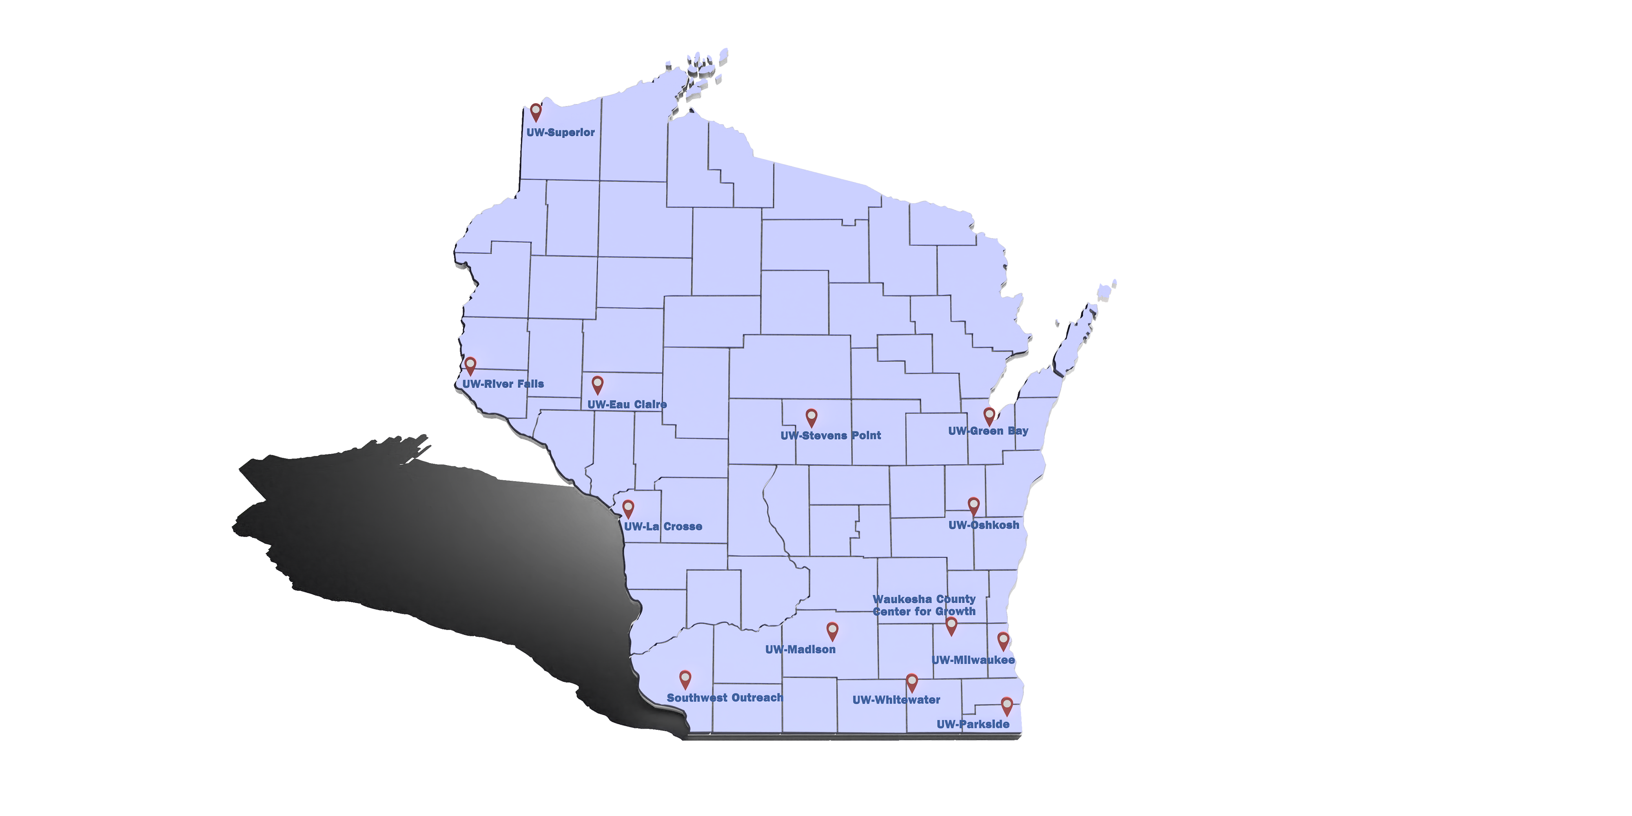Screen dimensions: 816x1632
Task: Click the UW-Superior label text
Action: coord(560,133)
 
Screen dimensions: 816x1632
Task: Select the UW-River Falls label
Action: coord(503,384)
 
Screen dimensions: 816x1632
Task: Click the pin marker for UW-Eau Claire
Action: coord(597,384)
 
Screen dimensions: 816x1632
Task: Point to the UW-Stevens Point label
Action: coord(831,436)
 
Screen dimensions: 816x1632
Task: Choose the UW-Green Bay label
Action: coord(988,431)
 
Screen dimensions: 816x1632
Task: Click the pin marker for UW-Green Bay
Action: coord(989,415)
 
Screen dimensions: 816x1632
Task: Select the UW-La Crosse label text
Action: coord(663,526)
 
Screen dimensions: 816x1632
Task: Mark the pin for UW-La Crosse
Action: coord(628,508)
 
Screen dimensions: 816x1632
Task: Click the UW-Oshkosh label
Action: coord(984,525)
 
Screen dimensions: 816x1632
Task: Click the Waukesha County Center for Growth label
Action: coord(925,605)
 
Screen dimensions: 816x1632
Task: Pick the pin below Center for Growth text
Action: coord(951,625)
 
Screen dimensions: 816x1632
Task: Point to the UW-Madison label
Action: coord(800,650)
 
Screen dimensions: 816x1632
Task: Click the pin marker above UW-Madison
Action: coord(832,630)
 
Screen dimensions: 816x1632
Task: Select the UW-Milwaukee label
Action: coord(973,660)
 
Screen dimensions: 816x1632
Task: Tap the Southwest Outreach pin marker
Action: coord(685,679)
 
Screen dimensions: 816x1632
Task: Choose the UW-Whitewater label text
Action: coord(896,700)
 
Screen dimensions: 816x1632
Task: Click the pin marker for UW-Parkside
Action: coord(1007,705)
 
